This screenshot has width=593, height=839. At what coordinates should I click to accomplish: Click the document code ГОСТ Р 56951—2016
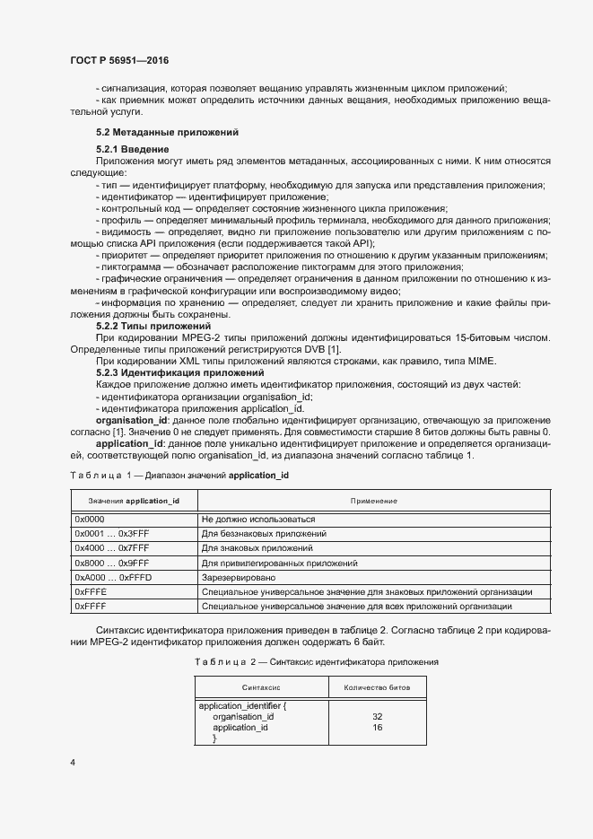(118, 60)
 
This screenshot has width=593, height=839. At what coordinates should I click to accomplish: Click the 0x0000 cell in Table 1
(91, 519)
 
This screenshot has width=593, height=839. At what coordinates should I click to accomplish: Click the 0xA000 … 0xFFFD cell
(113, 577)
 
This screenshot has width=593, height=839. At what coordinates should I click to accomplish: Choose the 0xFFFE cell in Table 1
(91, 592)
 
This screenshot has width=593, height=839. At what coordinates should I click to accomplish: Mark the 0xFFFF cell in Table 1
(91, 607)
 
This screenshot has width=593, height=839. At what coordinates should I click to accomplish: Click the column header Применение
(374, 500)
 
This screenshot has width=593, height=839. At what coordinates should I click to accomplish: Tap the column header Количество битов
(377, 688)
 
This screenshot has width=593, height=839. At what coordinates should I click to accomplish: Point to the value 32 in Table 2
(377, 717)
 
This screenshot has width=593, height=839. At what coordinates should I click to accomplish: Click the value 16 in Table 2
(377, 728)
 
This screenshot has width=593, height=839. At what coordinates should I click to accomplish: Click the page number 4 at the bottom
(73, 763)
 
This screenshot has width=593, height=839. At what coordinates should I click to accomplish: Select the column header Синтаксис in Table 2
(262, 688)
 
